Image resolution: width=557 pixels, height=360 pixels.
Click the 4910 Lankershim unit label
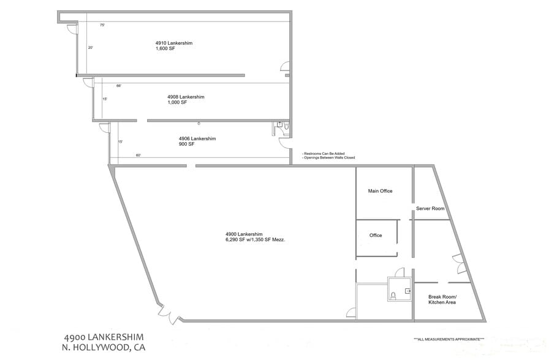[x=172, y=43]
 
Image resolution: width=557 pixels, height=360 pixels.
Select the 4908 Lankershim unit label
[x=186, y=97]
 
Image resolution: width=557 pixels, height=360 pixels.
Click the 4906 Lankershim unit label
[x=197, y=138]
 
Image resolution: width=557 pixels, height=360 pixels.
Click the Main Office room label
[x=380, y=191]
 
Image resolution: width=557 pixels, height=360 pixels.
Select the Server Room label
[x=430, y=209]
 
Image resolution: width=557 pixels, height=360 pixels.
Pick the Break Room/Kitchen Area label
[x=442, y=300]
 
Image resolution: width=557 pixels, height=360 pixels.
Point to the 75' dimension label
[x=102, y=25]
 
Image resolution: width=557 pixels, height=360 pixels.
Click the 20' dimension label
[x=90, y=47]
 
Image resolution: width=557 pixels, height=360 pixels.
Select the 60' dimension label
[x=138, y=156]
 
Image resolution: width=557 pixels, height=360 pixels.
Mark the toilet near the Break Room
[x=395, y=295]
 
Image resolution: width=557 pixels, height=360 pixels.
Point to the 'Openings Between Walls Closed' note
[x=329, y=158]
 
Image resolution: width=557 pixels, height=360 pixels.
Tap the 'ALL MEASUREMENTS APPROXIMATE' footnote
[x=449, y=339]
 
